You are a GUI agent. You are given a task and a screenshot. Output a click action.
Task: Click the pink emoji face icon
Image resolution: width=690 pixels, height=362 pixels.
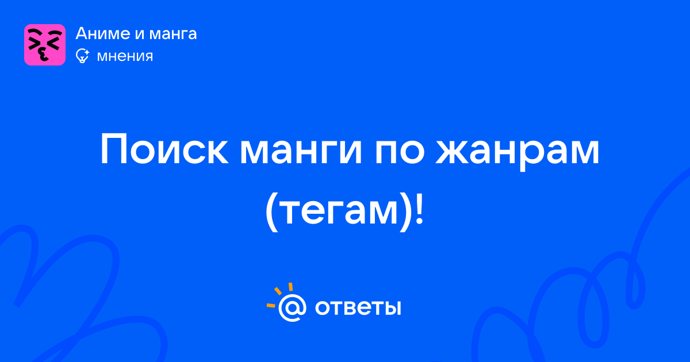[x=45, y=45]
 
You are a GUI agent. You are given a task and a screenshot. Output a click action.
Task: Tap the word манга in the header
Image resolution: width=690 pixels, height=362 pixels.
[x=173, y=34]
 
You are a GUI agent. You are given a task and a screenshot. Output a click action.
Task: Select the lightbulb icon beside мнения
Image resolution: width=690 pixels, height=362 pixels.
[x=82, y=56]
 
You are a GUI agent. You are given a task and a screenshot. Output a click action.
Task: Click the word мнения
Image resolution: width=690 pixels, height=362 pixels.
[x=125, y=57]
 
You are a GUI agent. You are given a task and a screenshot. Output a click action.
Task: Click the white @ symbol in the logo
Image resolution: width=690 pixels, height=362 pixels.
[x=292, y=308]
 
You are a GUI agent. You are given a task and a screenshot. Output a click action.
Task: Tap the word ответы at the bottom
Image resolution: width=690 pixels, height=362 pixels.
[x=358, y=308]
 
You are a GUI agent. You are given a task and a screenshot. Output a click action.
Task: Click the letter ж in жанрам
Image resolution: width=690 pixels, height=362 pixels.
[x=455, y=153]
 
